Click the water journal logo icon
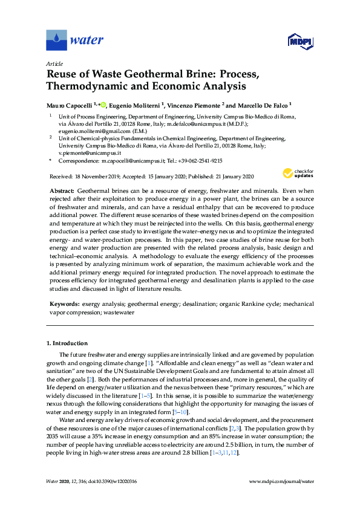(56, 41)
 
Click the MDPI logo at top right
(296, 41)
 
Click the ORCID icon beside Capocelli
(103, 105)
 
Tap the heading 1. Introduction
(67, 343)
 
